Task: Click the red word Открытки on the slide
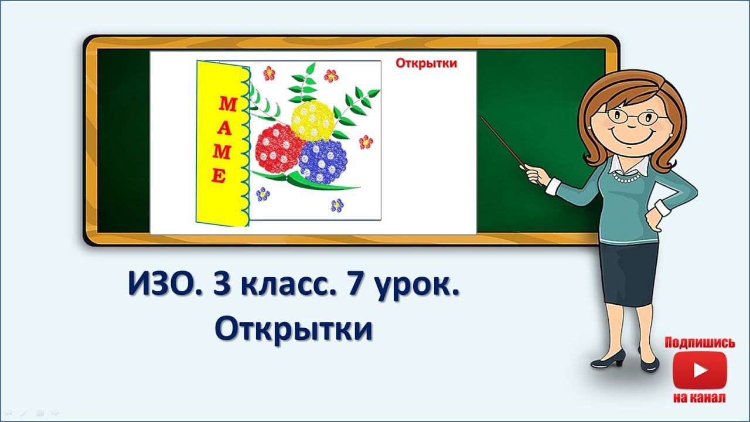(x=426, y=63)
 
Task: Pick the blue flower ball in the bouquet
(x=323, y=162)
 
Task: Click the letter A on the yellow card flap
(x=225, y=130)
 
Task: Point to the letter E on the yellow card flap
(x=218, y=176)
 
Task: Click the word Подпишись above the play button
(x=700, y=343)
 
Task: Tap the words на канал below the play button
(x=700, y=398)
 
